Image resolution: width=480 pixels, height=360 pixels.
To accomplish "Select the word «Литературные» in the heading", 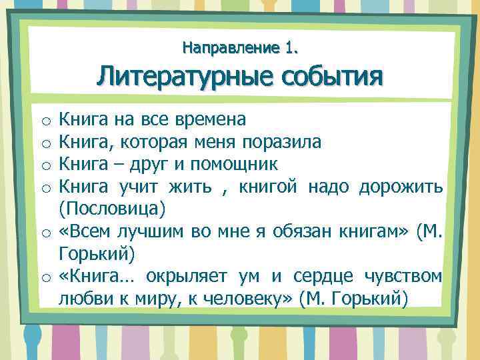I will pyautogui.click(x=181, y=77).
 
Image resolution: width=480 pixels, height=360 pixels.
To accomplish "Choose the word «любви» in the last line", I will pyautogui.click(x=83, y=297).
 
